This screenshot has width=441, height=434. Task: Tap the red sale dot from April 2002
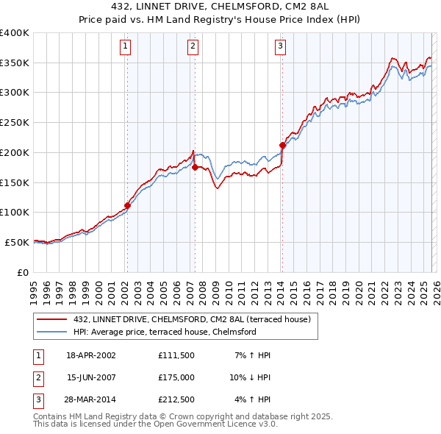click(x=127, y=206)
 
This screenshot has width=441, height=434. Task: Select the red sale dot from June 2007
click(x=195, y=168)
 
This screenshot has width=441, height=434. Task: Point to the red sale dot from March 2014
click(x=282, y=146)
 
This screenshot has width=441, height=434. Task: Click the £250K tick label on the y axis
click(x=14, y=123)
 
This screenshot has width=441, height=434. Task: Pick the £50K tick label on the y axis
click(x=17, y=242)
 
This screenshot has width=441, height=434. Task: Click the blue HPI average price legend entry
click(x=164, y=332)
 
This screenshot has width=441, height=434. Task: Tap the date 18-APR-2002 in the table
click(x=91, y=355)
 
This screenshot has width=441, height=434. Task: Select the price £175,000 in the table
click(x=176, y=377)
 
